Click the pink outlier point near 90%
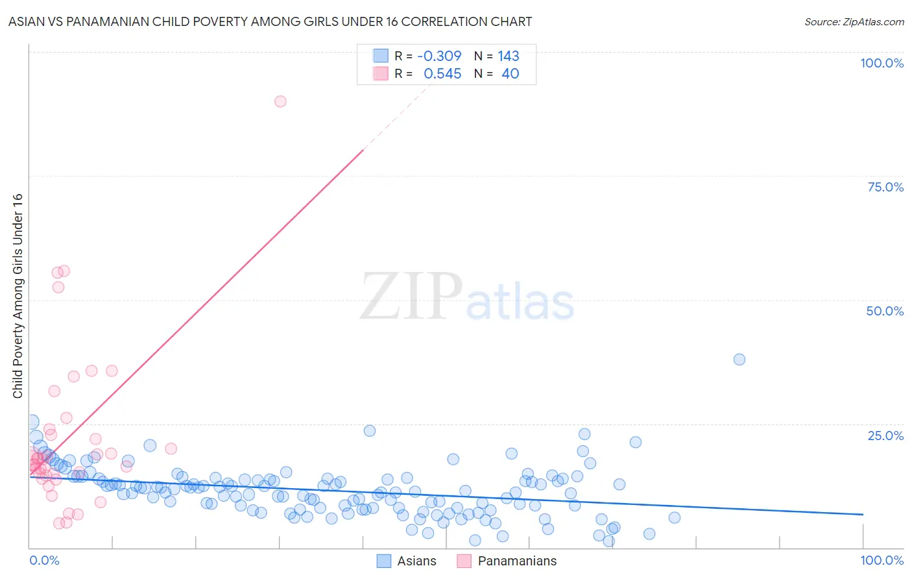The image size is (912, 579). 280,101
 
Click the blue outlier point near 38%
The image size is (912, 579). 739,360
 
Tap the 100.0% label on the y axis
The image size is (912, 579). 882,63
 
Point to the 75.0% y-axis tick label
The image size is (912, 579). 885,187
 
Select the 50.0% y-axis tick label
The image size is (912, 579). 885,311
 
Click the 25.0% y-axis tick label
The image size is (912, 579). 885,436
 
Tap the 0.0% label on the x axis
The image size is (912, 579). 44,560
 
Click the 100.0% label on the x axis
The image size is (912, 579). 882,560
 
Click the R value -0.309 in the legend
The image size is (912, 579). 439,56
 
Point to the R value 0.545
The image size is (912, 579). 442,74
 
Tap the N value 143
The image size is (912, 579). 509,56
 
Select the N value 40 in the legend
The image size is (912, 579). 510,74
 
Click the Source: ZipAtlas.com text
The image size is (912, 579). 854,22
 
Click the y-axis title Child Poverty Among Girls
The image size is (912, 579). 18,296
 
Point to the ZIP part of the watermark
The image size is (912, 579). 411,297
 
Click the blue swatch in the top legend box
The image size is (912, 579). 381,56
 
